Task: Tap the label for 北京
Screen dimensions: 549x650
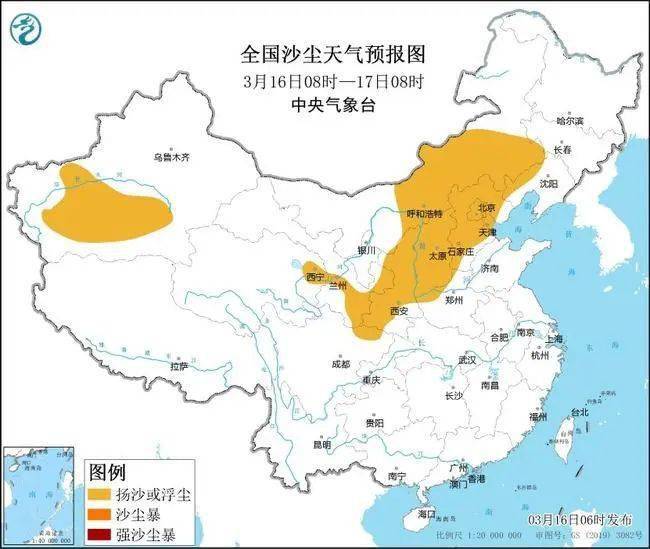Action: click(487, 208)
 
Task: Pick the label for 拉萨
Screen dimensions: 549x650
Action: click(178, 367)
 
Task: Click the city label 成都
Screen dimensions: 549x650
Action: click(341, 364)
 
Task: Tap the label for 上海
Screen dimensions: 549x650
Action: click(553, 339)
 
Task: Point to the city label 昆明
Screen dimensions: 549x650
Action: click(322, 444)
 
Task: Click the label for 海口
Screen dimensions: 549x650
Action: click(428, 514)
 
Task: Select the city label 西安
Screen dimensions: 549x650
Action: click(399, 311)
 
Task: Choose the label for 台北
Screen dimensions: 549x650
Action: click(579, 412)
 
